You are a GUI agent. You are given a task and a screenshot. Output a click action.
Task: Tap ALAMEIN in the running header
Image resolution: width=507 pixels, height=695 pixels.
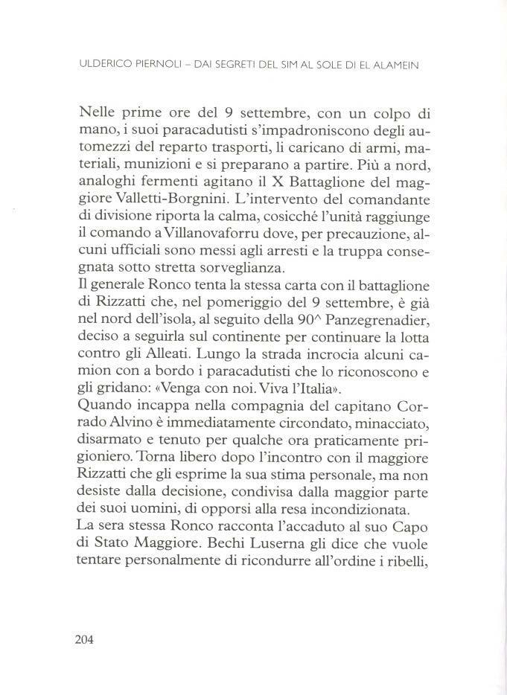(x=397, y=65)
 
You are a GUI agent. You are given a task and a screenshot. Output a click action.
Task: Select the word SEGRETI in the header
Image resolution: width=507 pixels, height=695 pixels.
(x=237, y=65)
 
